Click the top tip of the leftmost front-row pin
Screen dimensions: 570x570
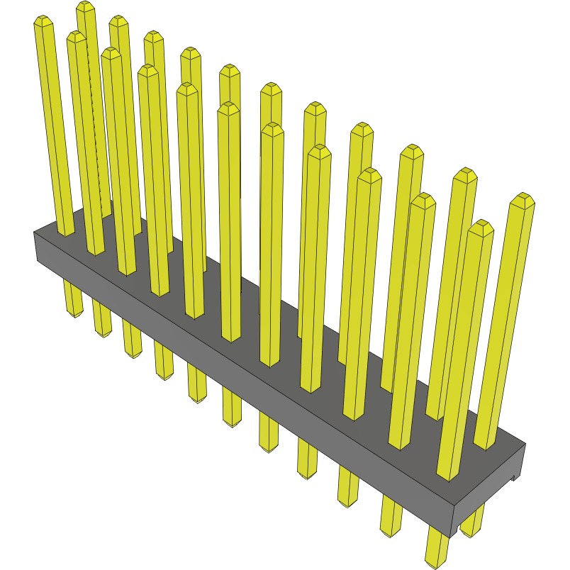coord(43,21)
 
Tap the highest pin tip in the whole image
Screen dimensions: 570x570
coord(86,6)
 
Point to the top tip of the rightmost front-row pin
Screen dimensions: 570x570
coord(481,227)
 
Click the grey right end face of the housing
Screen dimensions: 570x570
coord(489,490)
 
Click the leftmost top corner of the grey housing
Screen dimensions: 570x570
coord(35,233)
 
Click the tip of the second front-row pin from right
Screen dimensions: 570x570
coord(423,200)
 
